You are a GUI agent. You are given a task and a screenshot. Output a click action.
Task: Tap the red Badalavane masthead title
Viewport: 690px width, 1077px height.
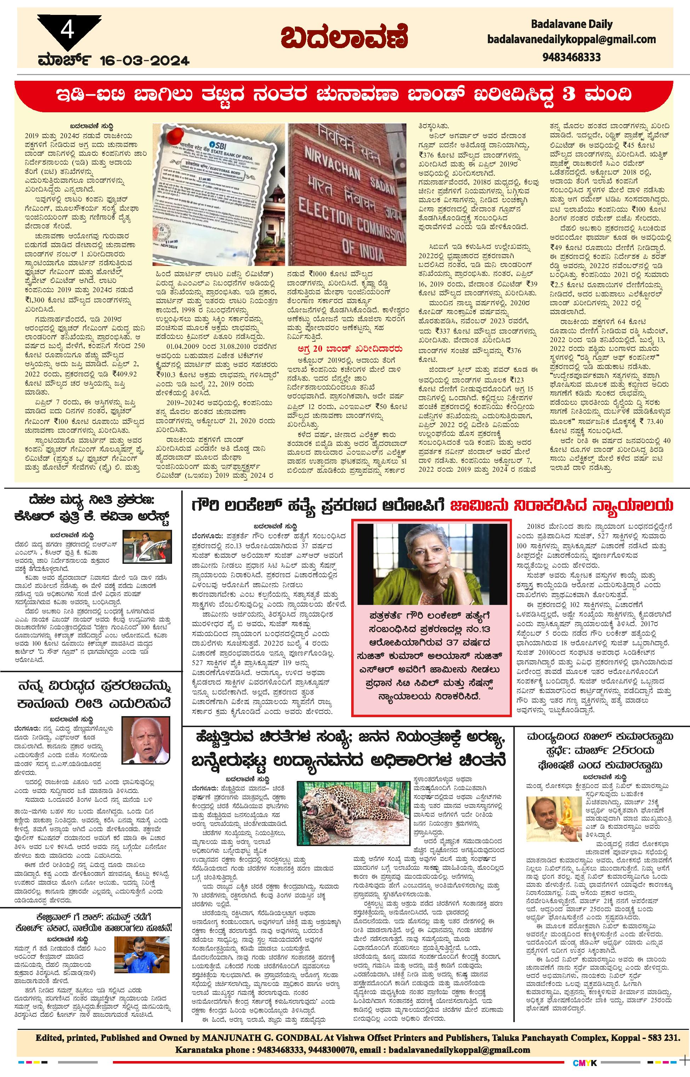tap(344, 37)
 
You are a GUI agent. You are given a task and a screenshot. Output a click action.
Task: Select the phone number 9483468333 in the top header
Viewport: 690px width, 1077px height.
tap(571, 57)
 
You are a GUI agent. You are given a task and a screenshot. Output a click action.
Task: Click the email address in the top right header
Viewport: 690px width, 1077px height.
tap(571, 39)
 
